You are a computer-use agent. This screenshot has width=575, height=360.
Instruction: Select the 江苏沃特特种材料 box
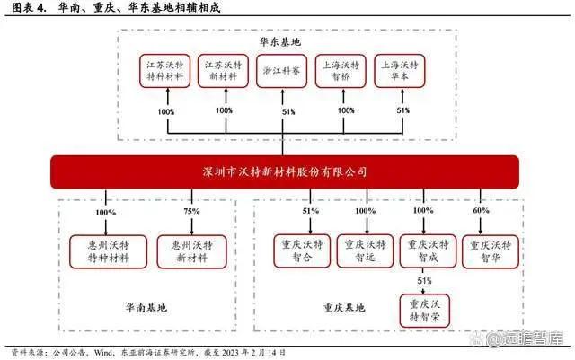click(x=166, y=71)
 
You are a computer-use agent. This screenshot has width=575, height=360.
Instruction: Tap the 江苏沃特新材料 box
click(x=225, y=71)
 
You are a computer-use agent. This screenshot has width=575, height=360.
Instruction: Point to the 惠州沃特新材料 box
click(x=191, y=251)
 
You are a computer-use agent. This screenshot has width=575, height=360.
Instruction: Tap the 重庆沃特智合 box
click(x=303, y=250)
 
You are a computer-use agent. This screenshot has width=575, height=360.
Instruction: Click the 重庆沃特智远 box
click(x=365, y=250)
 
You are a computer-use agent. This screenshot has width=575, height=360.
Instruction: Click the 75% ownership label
click(x=191, y=211)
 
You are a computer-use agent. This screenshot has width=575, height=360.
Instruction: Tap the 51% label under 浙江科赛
click(x=287, y=111)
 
